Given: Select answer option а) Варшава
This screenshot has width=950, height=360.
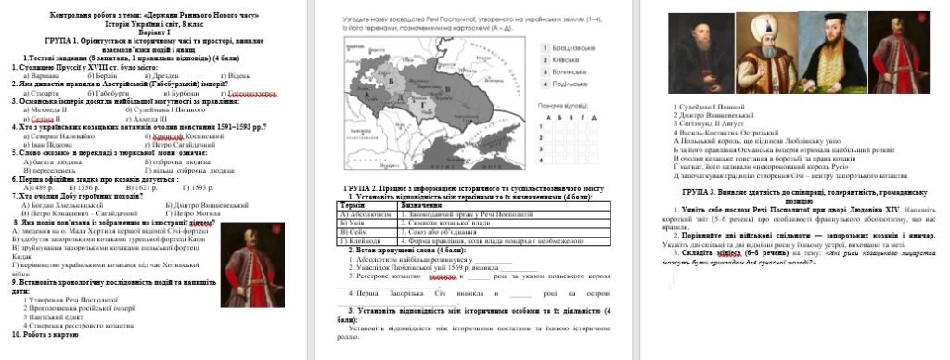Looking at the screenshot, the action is point(43,75).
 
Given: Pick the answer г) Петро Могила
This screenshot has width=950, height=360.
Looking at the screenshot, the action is point(189,212).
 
